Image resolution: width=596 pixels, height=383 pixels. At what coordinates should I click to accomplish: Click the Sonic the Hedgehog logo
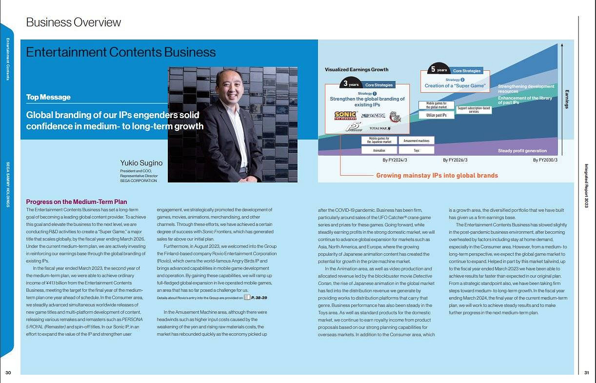(345, 116)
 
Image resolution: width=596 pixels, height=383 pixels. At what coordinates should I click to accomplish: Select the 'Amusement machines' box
(416, 141)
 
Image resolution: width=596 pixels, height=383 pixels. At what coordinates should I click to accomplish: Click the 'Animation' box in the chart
(379, 151)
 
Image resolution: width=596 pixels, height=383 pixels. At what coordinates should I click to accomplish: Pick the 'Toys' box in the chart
(416, 151)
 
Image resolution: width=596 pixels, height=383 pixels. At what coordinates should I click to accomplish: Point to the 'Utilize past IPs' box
(437, 115)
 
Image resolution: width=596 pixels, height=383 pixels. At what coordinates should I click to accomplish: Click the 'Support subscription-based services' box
(474, 110)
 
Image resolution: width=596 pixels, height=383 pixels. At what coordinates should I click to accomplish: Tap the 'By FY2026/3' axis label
(455, 160)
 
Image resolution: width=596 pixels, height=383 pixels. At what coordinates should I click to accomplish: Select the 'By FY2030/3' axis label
(545, 160)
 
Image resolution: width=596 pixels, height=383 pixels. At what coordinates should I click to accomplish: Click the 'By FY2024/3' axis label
(395, 160)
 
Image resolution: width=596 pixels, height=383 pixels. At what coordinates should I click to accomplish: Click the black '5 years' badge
(439, 70)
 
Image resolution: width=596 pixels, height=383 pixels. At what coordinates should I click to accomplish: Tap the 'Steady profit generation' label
(522, 151)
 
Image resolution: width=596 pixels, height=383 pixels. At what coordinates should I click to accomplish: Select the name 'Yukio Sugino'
(141, 162)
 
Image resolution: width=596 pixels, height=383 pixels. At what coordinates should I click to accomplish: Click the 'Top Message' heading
(48, 97)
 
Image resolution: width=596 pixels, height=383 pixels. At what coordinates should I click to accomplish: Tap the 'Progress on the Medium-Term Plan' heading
(76, 202)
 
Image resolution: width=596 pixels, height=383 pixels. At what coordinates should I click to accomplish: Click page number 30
(8, 373)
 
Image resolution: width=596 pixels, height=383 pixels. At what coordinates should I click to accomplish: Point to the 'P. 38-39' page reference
(258, 297)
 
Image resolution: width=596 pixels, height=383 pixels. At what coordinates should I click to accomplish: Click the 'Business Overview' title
(73, 22)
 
